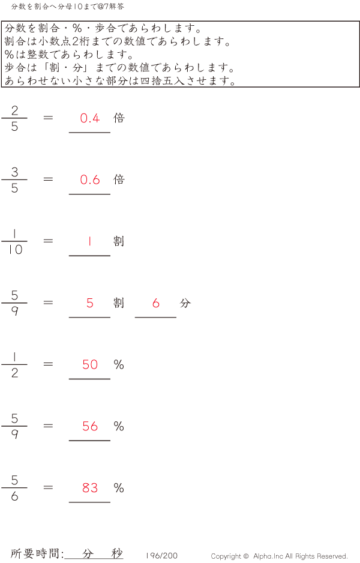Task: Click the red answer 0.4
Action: pyautogui.click(x=90, y=118)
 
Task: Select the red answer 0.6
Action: pyautogui.click(x=90, y=179)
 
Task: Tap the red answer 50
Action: pyautogui.click(x=90, y=364)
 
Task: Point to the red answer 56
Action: pyautogui.click(x=90, y=426)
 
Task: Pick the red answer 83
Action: pyautogui.click(x=90, y=487)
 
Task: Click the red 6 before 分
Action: pyautogui.click(x=156, y=303)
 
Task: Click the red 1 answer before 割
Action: pyautogui.click(x=89, y=241)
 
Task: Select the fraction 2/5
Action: pyautogui.click(x=14, y=118)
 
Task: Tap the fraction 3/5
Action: pyautogui.click(x=14, y=179)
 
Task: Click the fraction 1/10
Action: pyautogui.click(x=14, y=241)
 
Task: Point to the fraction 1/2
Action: pyautogui.click(x=14, y=364)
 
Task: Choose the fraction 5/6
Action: pyautogui.click(x=14, y=487)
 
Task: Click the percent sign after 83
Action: pyautogui.click(x=119, y=487)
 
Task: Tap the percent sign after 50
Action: pyautogui.click(x=119, y=364)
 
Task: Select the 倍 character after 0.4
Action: pyautogui.click(x=119, y=118)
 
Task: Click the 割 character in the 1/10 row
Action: pyautogui.click(x=119, y=241)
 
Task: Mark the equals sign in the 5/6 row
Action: pyautogui.click(x=48, y=487)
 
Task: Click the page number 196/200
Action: pyautogui.click(x=162, y=555)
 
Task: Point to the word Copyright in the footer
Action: pyautogui.click(x=226, y=556)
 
